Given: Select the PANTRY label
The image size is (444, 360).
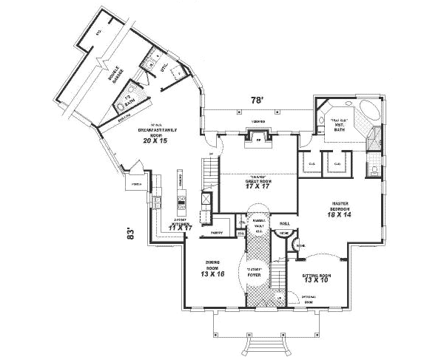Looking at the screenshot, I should [217, 233].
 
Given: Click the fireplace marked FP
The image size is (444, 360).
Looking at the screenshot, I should [258, 138].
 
